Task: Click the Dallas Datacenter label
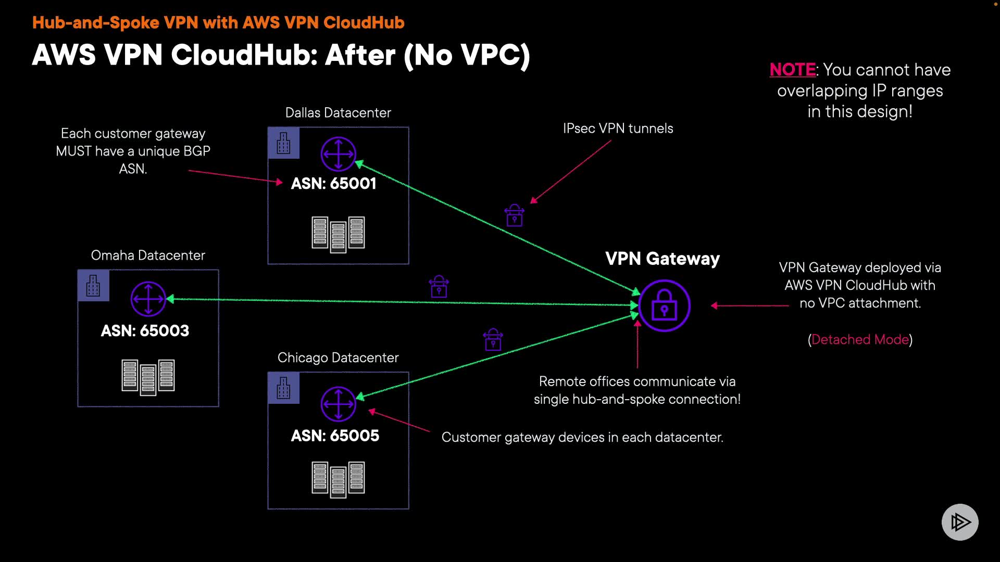pyautogui.click(x=338, y=113)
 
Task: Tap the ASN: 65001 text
pyautogui.click(x=333, y=184)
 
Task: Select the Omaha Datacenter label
pyautogui.click(x=148, y=256)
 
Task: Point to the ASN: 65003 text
pyautogui.click(x=145, y=331)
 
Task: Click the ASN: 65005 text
pyautogui.click(x=335, y=436)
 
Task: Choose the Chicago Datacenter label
pyautogui.click(x=338, y=358)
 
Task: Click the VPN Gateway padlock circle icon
pyautogui.click(x=664, y=306)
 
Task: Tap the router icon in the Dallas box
pyautogui.click(x=338, y=154)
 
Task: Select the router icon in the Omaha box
pyautogui.click(x=148, y=299)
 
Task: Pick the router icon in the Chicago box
pyautogui.click(x=338, y=404)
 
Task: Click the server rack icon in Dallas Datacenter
pyautogui.click(x=338, y=234)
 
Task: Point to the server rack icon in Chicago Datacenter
pyautogui.click(x=338, y=479)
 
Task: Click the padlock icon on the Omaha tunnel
pyautogui.click(x=439, y=287)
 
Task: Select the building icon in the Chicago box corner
pyautogui.click(x=283, y=388)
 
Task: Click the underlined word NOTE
pyautogui.click(x=793, y=70)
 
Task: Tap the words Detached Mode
pyautogui.click(x=860, y=340)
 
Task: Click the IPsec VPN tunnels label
pyautogui.click(x=618, y=129)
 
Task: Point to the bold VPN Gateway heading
pyautogui.click(x=662, y=259)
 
